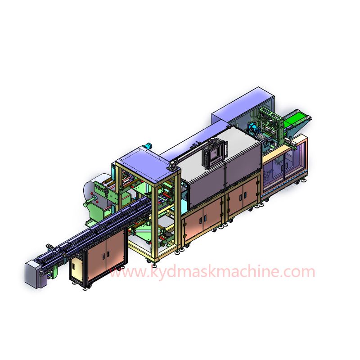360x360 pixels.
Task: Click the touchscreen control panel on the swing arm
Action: [212, 154]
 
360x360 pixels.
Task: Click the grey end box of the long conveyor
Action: [32, 273]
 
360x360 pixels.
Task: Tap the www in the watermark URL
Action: [126, 273]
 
